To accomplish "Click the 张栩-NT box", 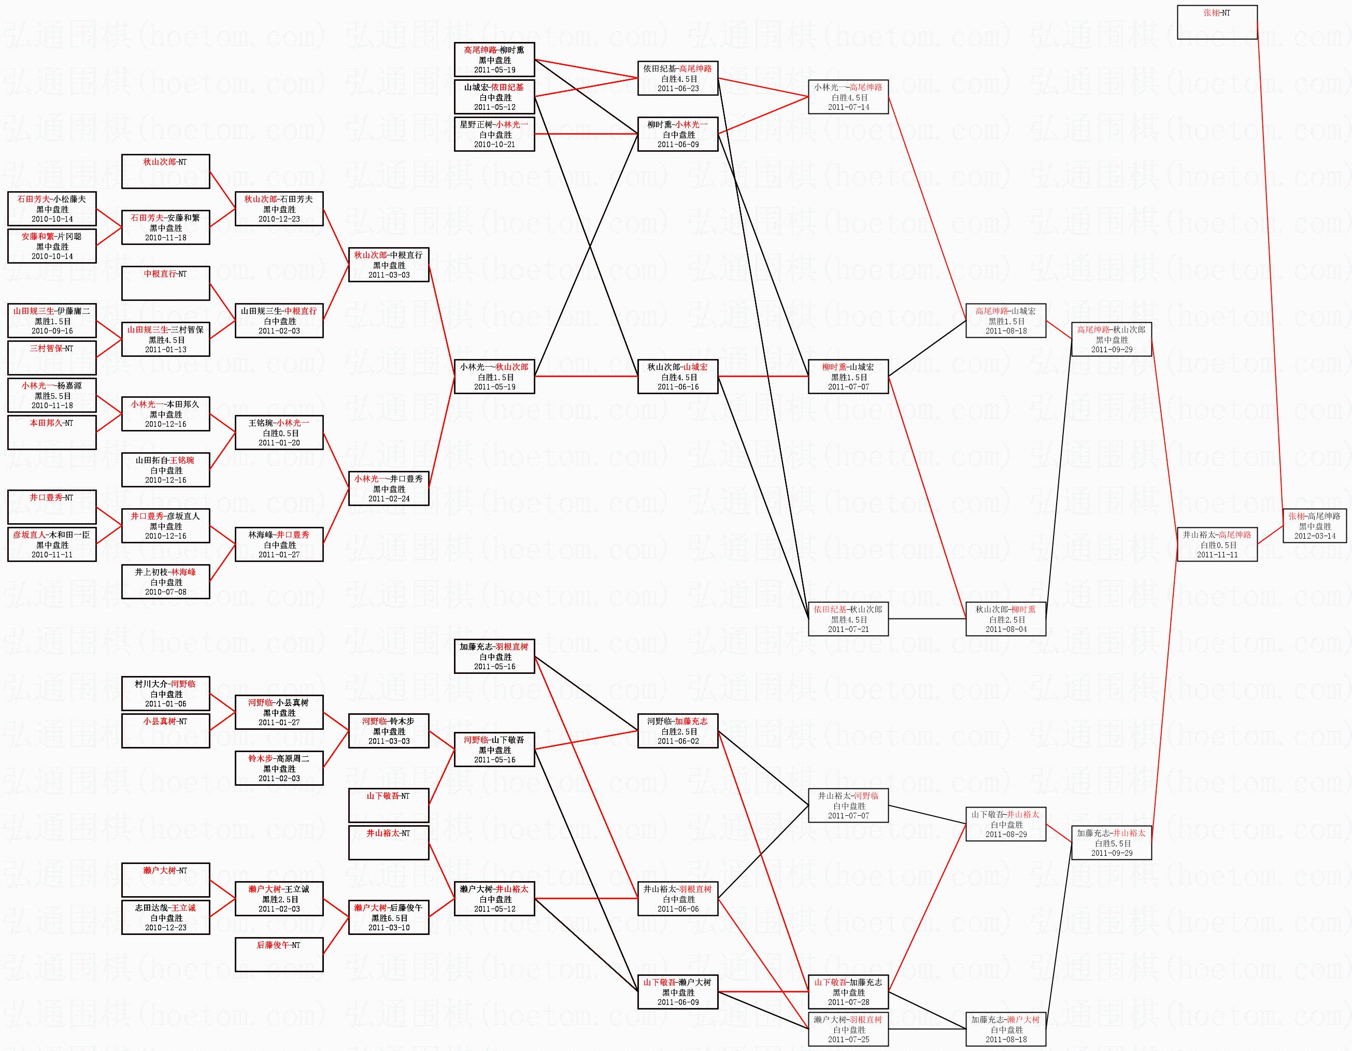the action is (x=1217, y=22).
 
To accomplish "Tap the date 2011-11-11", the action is (x=1217, y=555).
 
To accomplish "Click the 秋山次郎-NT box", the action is (x=166, y=171).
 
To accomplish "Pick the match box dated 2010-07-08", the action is (x=166, y=582).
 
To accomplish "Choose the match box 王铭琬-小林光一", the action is (x=279, y=433).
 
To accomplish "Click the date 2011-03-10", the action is (x=389, y=927).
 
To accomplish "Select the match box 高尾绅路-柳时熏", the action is (x=494, y=60).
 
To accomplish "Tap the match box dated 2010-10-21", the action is (x=494, y=134).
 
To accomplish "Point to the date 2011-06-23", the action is (x=678, y=89).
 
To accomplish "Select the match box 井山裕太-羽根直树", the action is (x=678, y=899).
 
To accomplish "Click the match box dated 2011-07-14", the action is (x=849, y=96).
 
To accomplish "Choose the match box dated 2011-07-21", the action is (x=849, y=619).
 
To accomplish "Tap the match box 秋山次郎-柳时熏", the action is (x=1006, y=619).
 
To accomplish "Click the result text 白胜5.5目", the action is (x=1112, y=843).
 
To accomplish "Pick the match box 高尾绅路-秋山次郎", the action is (x=1112, y=339).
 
